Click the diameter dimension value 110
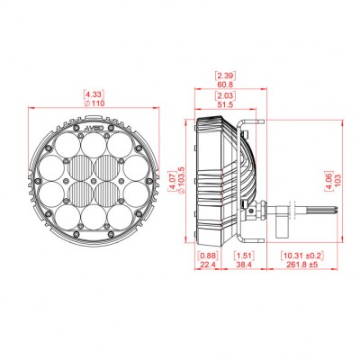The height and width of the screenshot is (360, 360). pyautogui.click(x=93, y=103)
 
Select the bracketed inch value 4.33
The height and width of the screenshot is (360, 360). pyautogui.click(x=93, y=94)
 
